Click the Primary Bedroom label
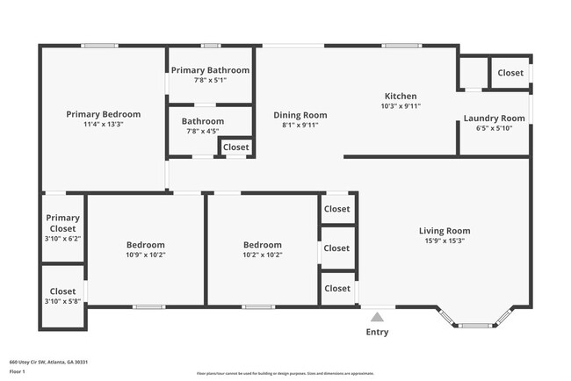coord(104,114)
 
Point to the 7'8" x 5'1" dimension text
coord(210,80)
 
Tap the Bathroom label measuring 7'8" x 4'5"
coord(203,121)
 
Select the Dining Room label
coord(300,114)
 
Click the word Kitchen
coord(401,96)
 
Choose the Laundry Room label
coord(494,118)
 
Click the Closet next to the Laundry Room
coord(510,73)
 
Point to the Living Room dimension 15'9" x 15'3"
coord(445,241)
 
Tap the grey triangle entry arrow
coord(377,317)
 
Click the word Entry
coord(377,332)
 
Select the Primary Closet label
coord(63,223)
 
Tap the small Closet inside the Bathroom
coord(235,147)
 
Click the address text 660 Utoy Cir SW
coord(48,362)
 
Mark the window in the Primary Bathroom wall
coord(211,46)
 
